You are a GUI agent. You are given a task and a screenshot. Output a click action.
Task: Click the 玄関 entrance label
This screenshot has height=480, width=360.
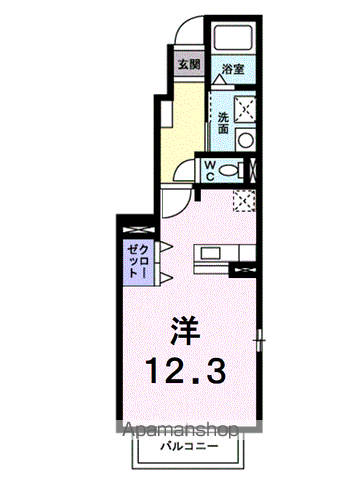[x=189, y=64]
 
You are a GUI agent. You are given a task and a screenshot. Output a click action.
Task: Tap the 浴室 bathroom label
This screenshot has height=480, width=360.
[x=233, y=69]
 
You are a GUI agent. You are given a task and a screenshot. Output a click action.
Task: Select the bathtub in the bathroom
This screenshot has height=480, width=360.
[x=233, y=37]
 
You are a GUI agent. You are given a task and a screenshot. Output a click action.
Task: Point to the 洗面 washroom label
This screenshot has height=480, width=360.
[x=223, y=123]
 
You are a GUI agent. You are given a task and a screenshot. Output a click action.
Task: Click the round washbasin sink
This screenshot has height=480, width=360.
[x=246, y=140]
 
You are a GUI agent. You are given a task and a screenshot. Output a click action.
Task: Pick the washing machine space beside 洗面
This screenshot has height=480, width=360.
[x=245, y=109]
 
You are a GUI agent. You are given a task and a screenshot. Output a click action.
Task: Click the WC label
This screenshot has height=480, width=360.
[x=209, y=170]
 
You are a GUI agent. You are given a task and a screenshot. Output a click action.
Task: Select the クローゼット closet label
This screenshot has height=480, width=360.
[x=139, y=261]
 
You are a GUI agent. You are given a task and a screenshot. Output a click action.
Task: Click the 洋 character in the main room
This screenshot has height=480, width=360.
[x=185, y=331]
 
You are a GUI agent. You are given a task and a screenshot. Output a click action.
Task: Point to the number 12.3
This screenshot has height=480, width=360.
[x=186, y=370]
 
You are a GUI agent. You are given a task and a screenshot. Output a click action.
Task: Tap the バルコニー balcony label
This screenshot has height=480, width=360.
[x=189, y=446]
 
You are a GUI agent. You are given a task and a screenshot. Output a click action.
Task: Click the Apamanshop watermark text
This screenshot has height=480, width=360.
[x=180, y=430]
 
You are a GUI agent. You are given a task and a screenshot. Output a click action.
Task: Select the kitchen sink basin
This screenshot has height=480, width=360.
[x=210, y=253]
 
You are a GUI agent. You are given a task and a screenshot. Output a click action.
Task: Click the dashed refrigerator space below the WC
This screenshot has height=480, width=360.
[x=245, y=200]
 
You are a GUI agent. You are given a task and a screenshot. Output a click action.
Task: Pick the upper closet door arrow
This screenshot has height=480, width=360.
[x=166, y=246]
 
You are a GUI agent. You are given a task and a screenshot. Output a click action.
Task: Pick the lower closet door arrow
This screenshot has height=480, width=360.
[x=166, y=277]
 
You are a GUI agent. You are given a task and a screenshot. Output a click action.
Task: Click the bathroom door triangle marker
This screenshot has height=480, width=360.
[x=219, y=79]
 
